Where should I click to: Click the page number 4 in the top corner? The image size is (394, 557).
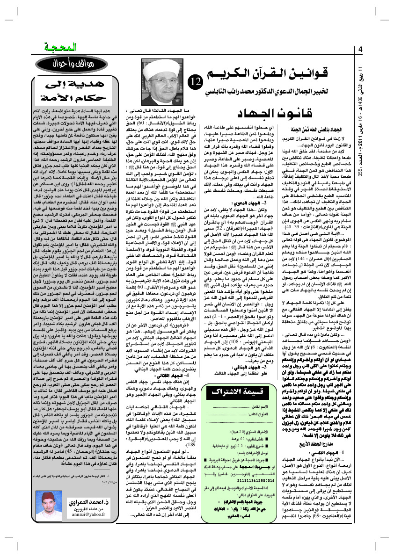point(361,50)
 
